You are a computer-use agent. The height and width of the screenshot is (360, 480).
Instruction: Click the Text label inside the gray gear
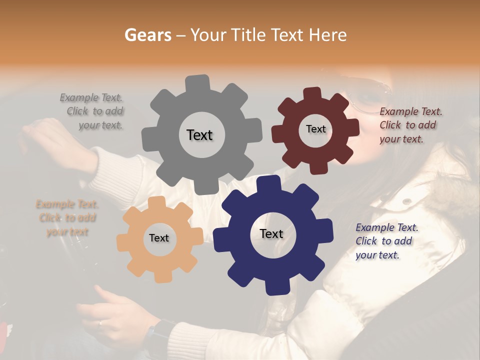(x=199, y=135)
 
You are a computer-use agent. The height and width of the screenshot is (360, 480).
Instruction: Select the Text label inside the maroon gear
(x=315, y=129)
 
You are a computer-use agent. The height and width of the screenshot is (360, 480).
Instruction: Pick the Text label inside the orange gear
(x=158, y=238)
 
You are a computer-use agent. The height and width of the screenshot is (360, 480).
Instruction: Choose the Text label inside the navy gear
(x=271, y=233)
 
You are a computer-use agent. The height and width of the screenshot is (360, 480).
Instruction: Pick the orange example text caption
(x=67, y=217)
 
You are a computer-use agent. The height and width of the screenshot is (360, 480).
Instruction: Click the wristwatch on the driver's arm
(x=159, y=334)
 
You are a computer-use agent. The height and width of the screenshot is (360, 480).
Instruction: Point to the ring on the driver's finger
(x=100, y=323)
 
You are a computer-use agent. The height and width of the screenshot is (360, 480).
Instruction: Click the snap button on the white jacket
(x=407, y=201)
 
